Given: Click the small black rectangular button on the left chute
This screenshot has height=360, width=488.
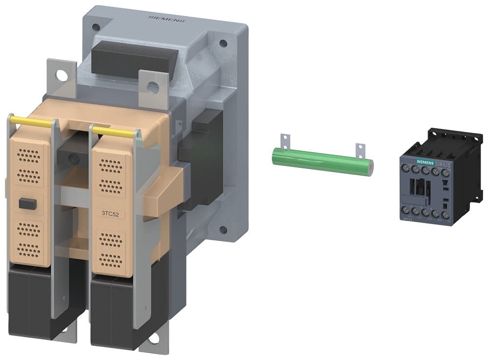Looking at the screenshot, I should [x=27, y=204].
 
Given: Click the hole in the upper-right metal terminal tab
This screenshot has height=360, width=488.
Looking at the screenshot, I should [x=153, y=87].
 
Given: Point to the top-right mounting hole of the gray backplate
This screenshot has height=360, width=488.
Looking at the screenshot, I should [x=223, y=43].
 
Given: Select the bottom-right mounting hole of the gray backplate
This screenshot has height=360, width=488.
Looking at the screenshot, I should [x=223, y=229].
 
